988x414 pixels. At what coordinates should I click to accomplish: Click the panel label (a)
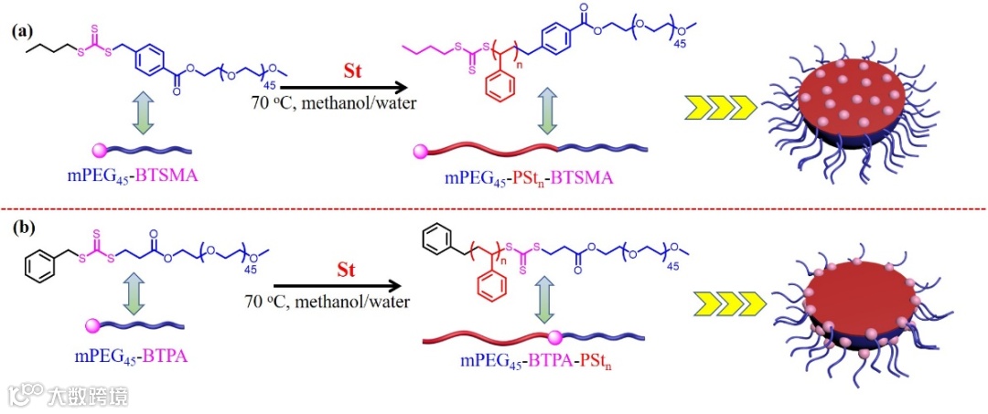pos(22,31)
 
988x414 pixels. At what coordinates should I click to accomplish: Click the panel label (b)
pos(22,225)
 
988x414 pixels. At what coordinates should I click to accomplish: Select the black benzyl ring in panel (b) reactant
pos(42,271)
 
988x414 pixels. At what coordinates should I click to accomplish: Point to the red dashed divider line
pos(494,208)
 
